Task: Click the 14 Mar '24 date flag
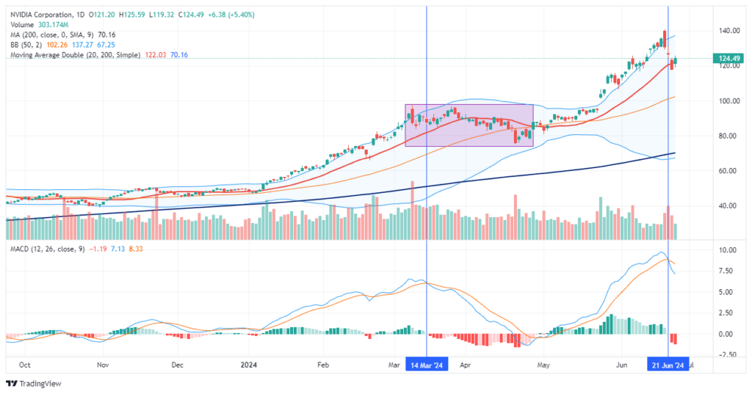click(x=427, y=365)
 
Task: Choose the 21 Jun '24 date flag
click(x=668, y=365)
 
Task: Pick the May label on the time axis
click(x=543, y=365)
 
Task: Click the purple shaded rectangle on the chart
click(x=469, y=125)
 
